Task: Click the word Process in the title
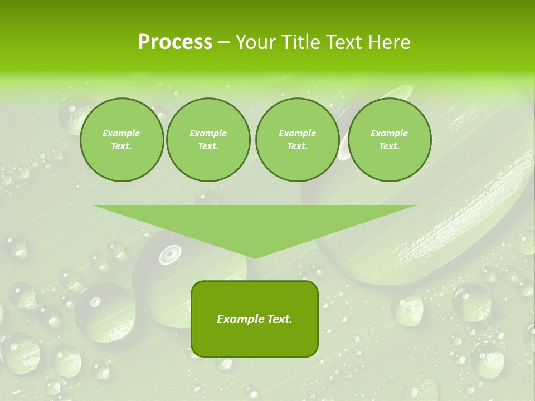tap(175, 42)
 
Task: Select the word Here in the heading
tap(390, 42)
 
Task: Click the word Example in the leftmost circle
tap(121, 133)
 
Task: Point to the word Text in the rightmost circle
tap(389, 146)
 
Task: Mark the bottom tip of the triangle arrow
tap(255, 258)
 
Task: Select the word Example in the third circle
tap(297, 133)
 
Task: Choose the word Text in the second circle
tap(208, 146)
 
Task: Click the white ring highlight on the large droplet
tap(170, 255)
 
